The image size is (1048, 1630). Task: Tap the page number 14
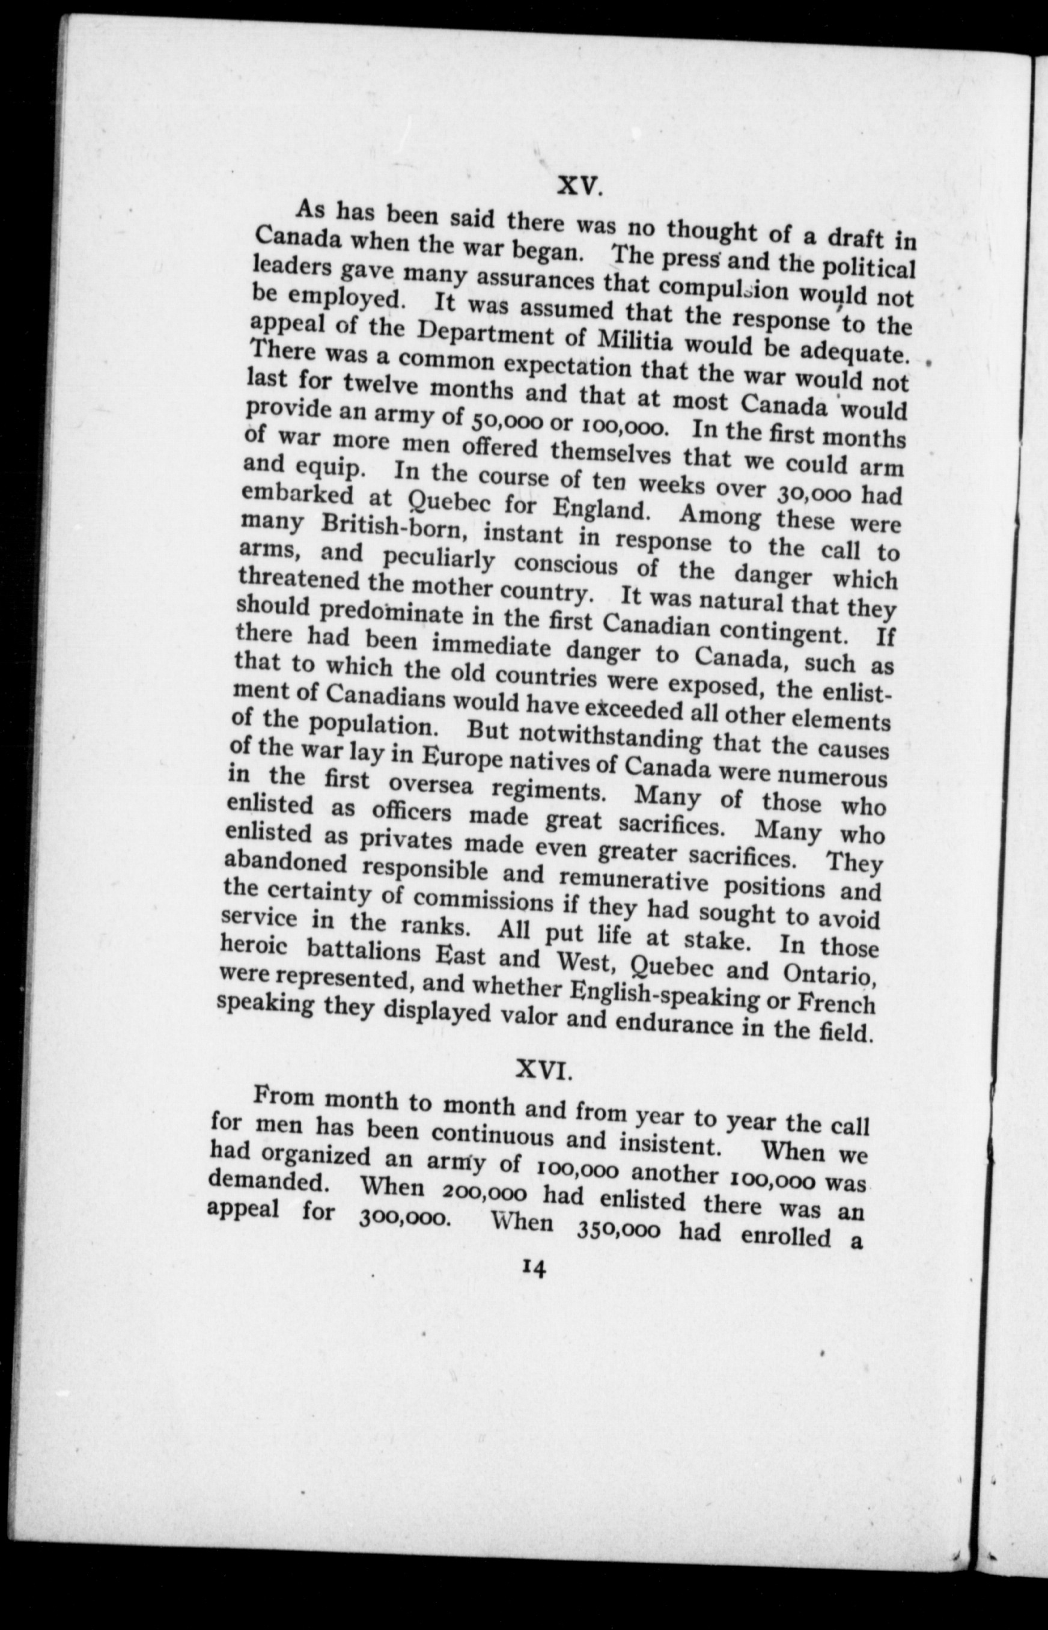coord(534,1268)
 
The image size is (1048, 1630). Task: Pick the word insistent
coord(669,1143)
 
